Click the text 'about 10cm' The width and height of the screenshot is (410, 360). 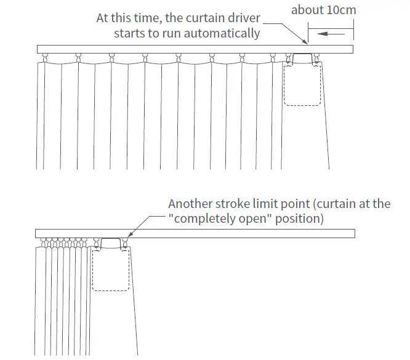(323, 10)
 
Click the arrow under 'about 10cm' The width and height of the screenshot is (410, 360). (329, 34)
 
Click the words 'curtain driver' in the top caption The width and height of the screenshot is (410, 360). (230, 18)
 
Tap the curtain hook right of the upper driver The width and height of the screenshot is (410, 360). (316, 58)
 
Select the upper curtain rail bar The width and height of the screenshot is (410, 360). (185, 49)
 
